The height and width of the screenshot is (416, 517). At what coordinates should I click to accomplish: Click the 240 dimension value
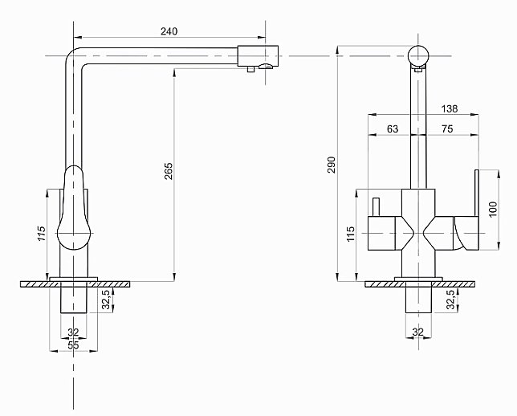[x=169, y=31]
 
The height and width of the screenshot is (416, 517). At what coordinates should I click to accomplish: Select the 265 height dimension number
[x=168, y=172]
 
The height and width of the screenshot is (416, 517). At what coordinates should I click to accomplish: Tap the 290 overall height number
[x=331, y=165]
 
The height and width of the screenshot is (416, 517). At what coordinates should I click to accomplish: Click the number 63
[x=393, y=128]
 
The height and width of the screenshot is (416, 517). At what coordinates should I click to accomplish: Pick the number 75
[x=447, y=128]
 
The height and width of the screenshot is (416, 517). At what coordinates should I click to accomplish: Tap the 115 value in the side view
[x=39, y=235]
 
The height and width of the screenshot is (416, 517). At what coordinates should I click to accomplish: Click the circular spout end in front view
[x=418, y=55]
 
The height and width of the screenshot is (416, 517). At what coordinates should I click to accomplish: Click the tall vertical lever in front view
[x=474, y=193]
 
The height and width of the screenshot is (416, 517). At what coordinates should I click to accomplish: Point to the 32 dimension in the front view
[x=417, y=331]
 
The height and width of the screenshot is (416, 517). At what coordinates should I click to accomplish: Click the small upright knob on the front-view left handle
[x=374, y=206]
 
